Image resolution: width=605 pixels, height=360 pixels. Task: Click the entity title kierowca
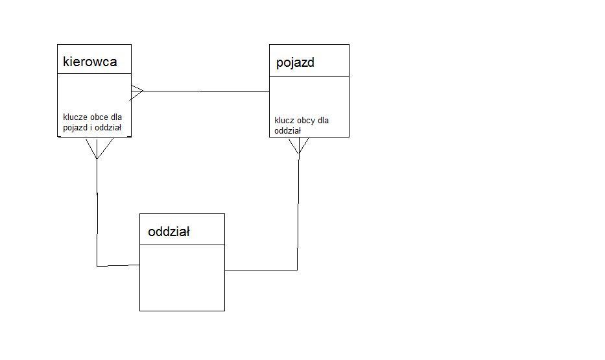coord(90,62)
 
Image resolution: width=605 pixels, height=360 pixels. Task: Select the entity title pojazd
coord(295,63)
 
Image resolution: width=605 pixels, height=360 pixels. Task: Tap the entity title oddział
coord(169,232)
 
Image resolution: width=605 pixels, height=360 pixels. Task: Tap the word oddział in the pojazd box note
coord(287,131)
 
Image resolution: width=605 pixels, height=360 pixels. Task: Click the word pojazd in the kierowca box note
coord(75,128)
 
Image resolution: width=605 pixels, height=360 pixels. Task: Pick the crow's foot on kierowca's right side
coord(137,92)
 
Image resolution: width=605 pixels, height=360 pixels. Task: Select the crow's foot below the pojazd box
coord(299,146)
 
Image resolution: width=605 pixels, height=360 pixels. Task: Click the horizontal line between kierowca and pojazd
coord(206,91)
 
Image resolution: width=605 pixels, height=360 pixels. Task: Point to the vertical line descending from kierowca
coord(97,212)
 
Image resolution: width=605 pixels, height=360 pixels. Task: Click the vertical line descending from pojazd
coord(298,212)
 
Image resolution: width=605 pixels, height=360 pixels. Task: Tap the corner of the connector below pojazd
coord(297,270)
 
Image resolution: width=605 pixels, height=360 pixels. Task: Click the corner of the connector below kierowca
coord(97,266)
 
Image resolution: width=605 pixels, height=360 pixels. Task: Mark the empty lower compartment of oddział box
coord(182,278)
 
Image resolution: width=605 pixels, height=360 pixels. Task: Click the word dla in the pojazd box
coord(324,121)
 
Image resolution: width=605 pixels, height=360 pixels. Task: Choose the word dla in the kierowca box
coord(116,117)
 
